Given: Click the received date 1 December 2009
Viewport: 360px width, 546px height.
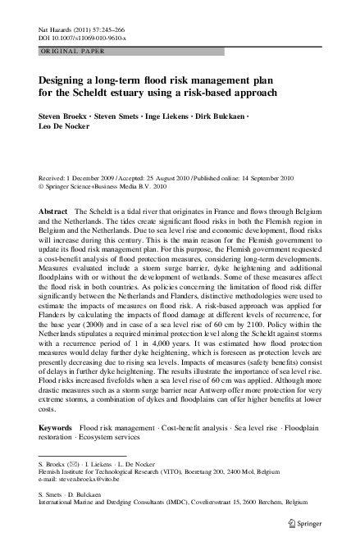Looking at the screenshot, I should (x=91, y=176).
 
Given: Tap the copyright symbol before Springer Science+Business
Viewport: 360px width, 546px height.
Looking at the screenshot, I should (x=42, y=185).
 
